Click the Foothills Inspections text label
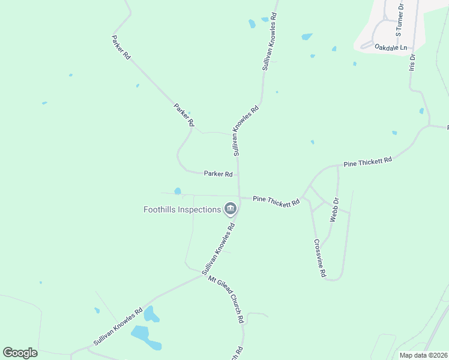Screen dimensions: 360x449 tap(182, 209)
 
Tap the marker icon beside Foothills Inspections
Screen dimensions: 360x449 tap(230, 209)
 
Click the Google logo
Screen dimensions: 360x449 tap(20, 353)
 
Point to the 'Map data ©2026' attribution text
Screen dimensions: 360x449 tap(423, 355)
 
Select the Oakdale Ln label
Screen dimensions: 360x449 tap(390, 47)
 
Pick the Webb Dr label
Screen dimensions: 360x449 tap(335, 210)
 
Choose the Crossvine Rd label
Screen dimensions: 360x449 tap(319, 258)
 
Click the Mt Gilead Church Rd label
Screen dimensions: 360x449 tap(226, 299)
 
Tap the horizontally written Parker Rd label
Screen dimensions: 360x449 tap(218, 174)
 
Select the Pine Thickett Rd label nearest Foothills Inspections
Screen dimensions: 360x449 tap(276, 201)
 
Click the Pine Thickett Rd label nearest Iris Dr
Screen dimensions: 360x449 tap(367, 161)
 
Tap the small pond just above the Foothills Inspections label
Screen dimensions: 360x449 tap(178, 191)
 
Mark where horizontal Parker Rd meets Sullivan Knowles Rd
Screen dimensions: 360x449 tap(239, 175)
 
